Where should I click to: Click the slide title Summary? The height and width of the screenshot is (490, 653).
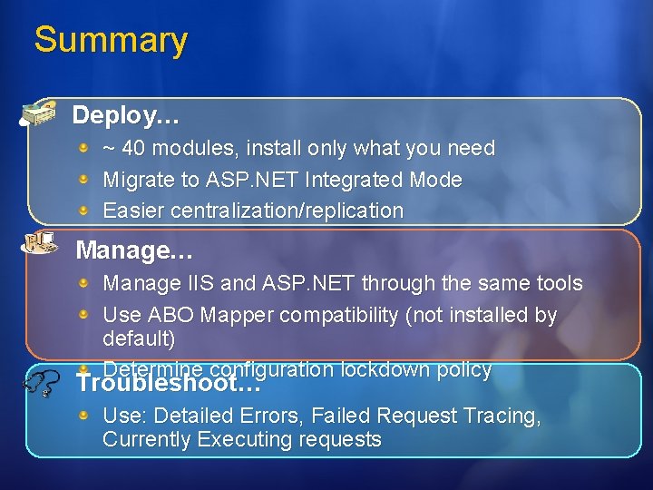pos(111,40)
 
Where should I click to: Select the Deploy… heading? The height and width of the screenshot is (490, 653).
pos(125,116)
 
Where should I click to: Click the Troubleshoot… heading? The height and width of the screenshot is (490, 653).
pos(169,384)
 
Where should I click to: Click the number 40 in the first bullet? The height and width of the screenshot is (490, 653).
pos(132,148)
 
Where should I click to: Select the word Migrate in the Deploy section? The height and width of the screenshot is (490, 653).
pos(135,180)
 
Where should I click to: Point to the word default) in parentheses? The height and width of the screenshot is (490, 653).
pos(139,338)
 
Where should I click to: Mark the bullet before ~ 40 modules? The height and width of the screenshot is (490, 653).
pos(83,147)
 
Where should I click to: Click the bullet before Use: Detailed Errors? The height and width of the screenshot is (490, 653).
pos(83,416)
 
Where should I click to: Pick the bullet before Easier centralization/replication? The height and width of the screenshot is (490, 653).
pos(83,211)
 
